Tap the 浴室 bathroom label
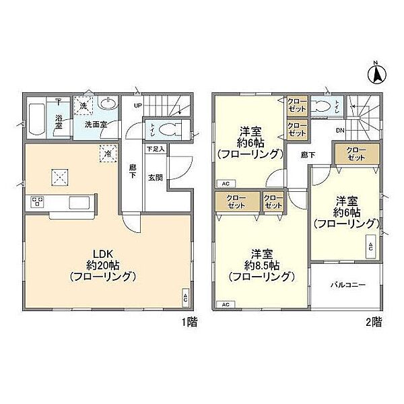click(59, 123)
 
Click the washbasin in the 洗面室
click(107, 104)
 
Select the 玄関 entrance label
click(155, 176)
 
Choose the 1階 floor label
click(189, 322)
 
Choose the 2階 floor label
click(374, 322)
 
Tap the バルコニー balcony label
click(347, 285)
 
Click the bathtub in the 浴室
click(37, 121)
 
